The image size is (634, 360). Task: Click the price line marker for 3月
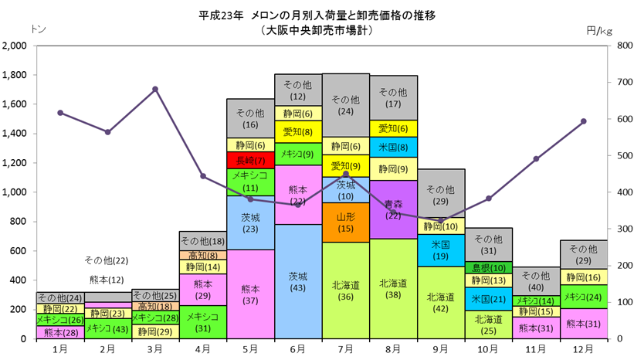click(x=155, y=89)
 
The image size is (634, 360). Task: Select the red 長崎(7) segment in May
click(x=251, y=160)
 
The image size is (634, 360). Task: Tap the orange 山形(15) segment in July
click(x=346, y=222)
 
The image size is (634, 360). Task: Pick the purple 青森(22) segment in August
click(x=393, y=209)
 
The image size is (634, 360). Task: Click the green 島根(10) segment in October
click(x=489, y=268)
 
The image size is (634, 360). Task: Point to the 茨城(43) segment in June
click(x=298, y=281)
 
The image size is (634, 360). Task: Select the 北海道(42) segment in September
click(x=441, y=303)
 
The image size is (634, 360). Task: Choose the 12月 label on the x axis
click(x=584, y=348)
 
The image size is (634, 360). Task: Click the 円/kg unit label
click(x=599, y=31)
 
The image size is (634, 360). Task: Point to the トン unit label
click(x=38, y=29)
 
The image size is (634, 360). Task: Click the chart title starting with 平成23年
click(x=317, y=15)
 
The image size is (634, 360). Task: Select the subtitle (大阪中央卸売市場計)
click(x=317, y=30)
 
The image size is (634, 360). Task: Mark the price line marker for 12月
click(x=584, y=121)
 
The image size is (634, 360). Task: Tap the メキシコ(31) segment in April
click(x=203, y=322)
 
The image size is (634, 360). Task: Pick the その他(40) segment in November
click(x=536, y=281)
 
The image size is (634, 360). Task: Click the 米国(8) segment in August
click(x=393, y=148)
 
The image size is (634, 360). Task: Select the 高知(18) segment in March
click(x=155, y=306)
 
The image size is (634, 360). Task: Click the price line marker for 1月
click(x=60, y=113)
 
